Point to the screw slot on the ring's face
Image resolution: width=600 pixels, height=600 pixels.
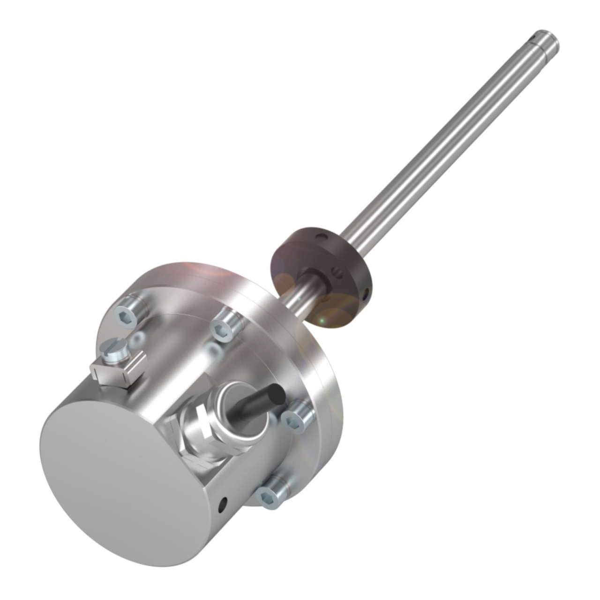[x=337, y=270]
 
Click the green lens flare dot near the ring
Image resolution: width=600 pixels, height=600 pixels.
[x=322, y=320]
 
